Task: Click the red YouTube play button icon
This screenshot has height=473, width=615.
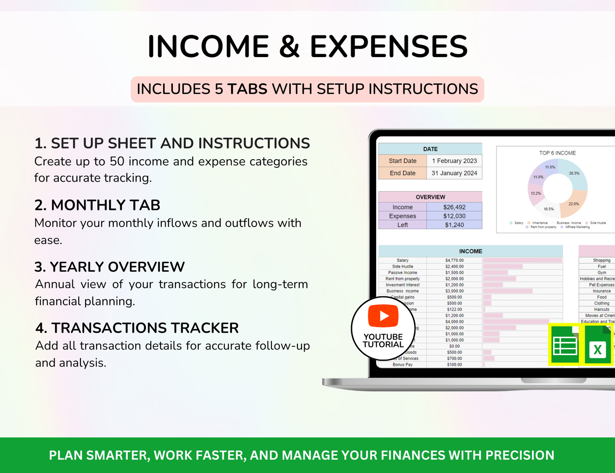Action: pos(383,315)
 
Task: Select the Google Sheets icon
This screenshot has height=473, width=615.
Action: pos(564,345)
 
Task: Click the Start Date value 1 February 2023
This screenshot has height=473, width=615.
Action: pos(454,161)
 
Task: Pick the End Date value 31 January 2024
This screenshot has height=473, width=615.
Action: pos(454,173)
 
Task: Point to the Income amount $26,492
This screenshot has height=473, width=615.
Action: pos(454,207)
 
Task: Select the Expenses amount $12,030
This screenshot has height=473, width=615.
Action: pos(454,216)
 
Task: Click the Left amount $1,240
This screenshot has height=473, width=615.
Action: pos(454,225)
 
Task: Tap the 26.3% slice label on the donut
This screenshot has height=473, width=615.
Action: pos(574,173)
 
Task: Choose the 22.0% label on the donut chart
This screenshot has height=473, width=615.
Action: pos(574,204)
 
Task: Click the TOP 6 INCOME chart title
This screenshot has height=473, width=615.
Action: pos(558,153)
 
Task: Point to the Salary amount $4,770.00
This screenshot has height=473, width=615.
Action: pos(454,261)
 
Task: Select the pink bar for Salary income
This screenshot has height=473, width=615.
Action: pos(522,261)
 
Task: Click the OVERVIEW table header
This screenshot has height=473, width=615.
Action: pos(430,197)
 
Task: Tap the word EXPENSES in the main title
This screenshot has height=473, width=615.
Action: pos(389,46)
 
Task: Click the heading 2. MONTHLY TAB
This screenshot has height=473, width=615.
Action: pos(97,205)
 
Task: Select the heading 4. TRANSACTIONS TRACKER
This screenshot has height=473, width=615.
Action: pos(137,328)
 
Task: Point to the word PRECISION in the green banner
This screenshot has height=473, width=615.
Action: pos(520,456)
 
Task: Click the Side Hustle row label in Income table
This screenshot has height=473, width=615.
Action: pos(403,267)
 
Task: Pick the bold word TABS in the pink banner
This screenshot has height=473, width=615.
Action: pos(247,89)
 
